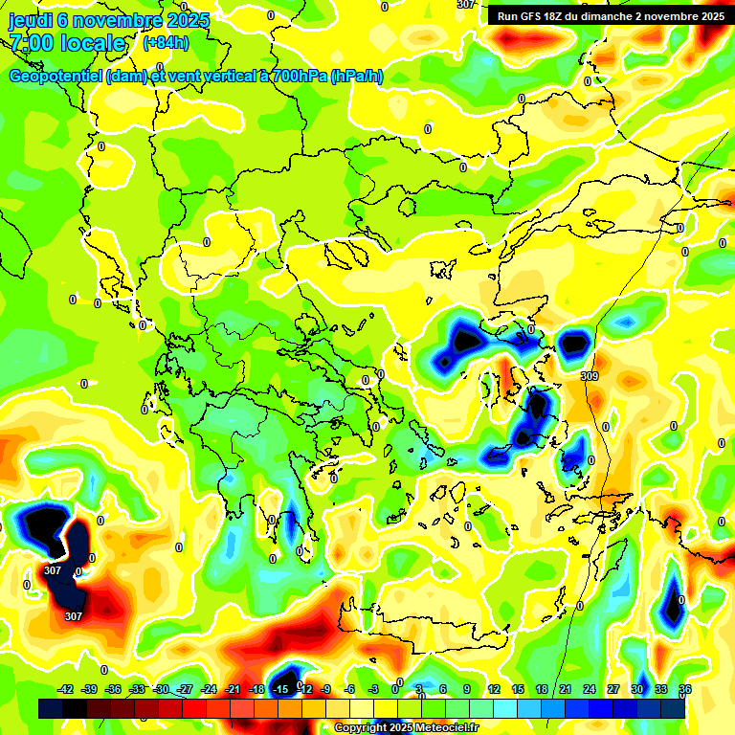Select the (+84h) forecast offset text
[x=166, y=43]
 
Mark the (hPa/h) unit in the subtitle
[x=357, y=77]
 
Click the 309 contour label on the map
[x=590, y=377]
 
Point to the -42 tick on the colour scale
[x=66, y=689]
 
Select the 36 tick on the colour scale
[x=685, y=689]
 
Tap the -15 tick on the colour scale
[x=280, y=689]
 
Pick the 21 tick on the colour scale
[x=565, y=689]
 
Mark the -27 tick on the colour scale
[x=185, y=689]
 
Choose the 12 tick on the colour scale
[x=493, y=689]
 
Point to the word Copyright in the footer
[x=361, y=728]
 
